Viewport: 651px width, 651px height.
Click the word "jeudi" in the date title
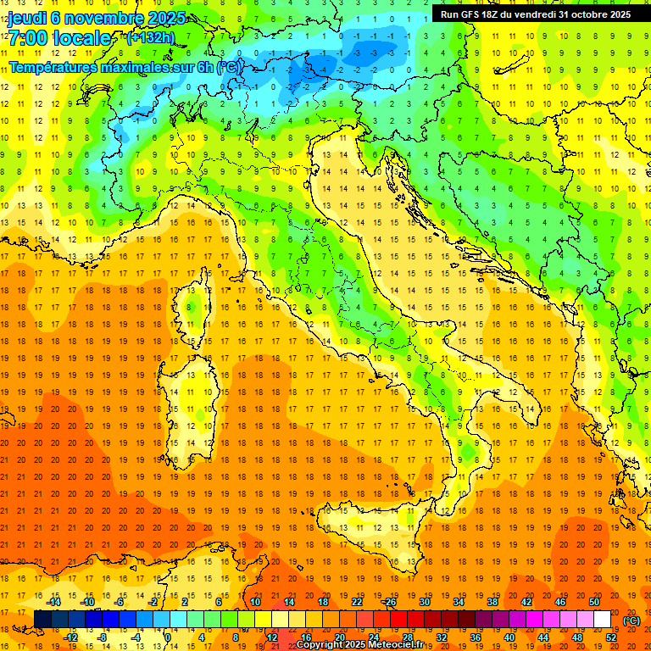[x=27, y=17]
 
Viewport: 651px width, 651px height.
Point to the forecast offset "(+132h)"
[x=152, y=38]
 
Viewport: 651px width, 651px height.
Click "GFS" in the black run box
[x=475, y=14]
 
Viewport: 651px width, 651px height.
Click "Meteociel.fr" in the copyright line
[x=403, y=645]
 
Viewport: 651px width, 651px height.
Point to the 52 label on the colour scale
[x=611, y=637]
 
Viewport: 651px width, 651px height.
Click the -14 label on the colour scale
[x=55, y=602]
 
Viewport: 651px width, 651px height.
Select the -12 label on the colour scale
[x=71, y=637]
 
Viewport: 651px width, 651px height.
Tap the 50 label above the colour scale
[x=594, y=602]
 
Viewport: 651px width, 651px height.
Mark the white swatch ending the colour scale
[x=602, y=620]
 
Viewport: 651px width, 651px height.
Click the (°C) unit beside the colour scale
[x=632, y=620]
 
